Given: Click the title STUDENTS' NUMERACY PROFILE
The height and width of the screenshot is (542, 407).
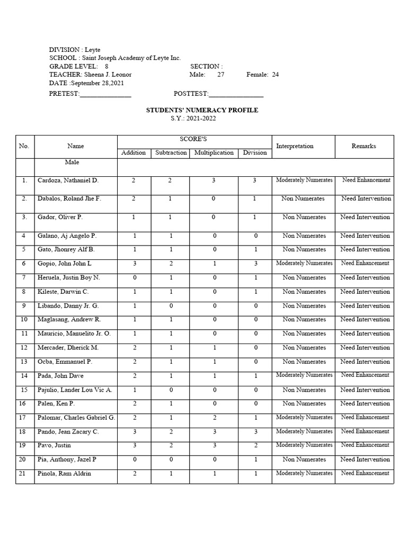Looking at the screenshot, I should point(202,110).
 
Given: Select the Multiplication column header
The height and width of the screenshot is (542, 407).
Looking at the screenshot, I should point(214,152).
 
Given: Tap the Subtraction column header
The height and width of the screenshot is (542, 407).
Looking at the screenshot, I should point(171,152).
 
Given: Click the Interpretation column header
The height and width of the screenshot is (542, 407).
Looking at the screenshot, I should point(295,146).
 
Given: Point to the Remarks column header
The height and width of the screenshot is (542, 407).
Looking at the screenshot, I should point(364,146).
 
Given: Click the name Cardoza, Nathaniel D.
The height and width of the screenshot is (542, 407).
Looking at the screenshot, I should point(68,180).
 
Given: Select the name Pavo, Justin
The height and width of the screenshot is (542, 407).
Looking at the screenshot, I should point(54,446).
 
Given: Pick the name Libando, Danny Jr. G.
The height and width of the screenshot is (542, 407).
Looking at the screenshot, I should point(68,306).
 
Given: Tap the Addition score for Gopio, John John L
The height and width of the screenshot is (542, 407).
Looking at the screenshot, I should point(134,263).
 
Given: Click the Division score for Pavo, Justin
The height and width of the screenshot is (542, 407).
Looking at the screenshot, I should point(255,446).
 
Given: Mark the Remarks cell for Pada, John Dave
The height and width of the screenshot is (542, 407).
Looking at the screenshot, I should point(365,375).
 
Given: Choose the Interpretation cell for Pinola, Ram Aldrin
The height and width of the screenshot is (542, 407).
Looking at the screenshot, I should point(304,473).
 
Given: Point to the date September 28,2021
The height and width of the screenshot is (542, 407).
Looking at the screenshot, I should point(98,83).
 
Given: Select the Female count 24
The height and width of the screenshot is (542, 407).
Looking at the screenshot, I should point(275,75).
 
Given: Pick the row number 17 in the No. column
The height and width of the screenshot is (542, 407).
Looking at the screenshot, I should point(24,418).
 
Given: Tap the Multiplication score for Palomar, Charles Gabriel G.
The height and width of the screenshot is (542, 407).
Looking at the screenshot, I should point(214,418).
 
